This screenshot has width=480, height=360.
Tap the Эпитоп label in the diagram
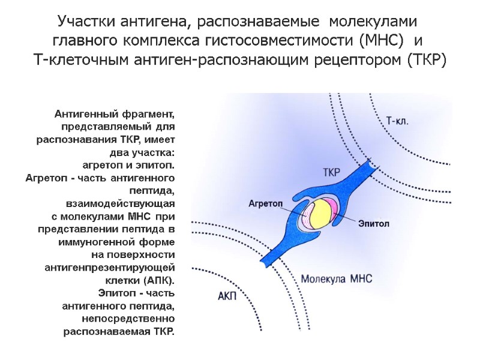[x=374, y=223]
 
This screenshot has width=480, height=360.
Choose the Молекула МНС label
[x=337, y=279]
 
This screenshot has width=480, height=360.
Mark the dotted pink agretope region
[x=308, y=219]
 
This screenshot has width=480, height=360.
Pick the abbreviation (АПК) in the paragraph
[x=159, y=281]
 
